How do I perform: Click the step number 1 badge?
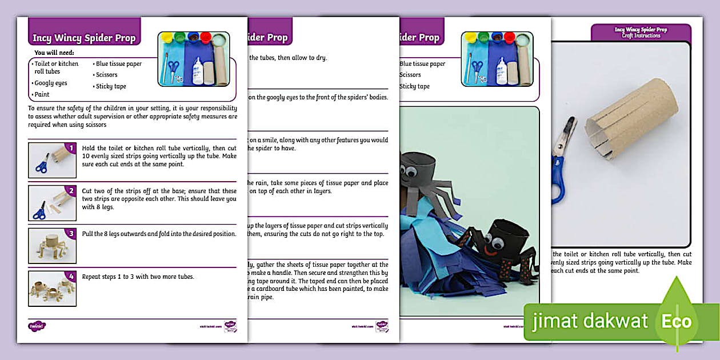pos(71,149)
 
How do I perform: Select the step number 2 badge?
pos(71,191)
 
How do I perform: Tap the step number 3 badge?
pos(71,233)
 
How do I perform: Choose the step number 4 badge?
pos(71,277)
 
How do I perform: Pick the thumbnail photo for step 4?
pos(51,289)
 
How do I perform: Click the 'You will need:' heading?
pos(54,53)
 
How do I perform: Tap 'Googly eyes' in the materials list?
pos(51,83)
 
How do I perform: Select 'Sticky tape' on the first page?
pos(111,86)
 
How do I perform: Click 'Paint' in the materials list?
pos(42,94)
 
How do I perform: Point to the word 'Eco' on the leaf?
pos(677,321)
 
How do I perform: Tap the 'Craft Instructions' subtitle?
pos(641,35)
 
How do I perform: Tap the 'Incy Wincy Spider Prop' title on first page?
pos(84,38)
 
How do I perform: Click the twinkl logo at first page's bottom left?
pos(37,326)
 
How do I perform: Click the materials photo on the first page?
pos(193,59)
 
